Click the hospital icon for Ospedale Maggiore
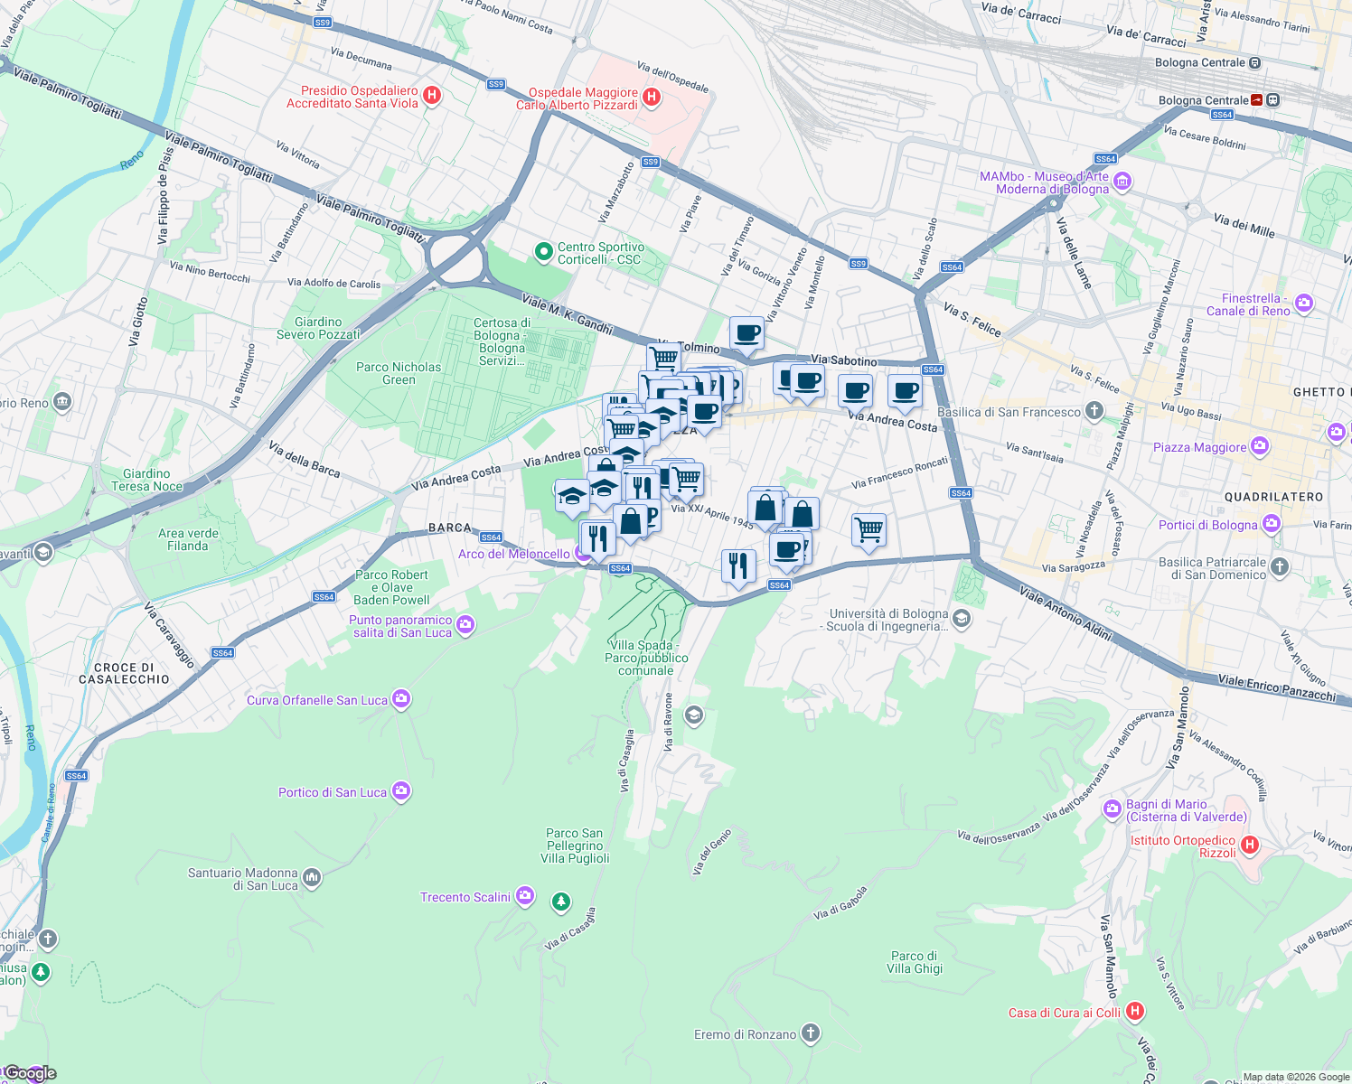[652, 96]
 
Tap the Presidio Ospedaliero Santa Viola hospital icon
[432, 95]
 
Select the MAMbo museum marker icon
[1122, 182]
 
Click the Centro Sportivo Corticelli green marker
[543, 252]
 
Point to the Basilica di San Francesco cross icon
[1094, 412]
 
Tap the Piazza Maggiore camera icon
[1260, 446]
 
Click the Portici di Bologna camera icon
[1272, 524]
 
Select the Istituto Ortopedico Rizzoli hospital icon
[1250, 846]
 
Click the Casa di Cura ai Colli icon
[1135, 1012]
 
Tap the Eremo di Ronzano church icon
[811, 1033]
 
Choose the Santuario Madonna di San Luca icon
[312, 876]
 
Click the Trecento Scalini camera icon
[525, 896]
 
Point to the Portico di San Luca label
[332, 792]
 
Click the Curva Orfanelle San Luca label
[316, 700]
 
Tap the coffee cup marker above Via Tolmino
[746, 334]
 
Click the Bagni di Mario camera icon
[1113, 809]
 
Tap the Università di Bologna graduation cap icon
[962, 619]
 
